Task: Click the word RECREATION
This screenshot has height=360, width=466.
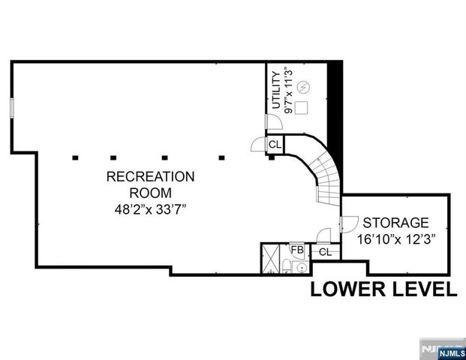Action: pyautogui.click(x=150, y=177)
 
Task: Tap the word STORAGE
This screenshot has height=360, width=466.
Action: pyautogui.click(x=395, y=223)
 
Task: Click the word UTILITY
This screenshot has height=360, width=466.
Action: pyautogui.click(x=275, y=90)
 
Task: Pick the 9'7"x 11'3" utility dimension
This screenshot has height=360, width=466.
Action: pyautogui.click(x=289, y=90)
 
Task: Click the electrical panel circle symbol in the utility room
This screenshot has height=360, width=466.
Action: pyautogui.click(x=303, y=87)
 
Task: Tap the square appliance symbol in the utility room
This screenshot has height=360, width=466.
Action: pyautogui.click(x=302, y=106)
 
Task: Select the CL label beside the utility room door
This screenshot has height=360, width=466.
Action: pyautogui.click(x=275, y=144)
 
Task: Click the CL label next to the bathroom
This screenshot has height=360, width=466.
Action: pyautogui.click(x=325, y=252)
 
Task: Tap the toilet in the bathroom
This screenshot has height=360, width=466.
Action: pyautogui.click(x=288, y=266)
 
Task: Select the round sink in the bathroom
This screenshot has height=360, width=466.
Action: pyautogui.click(x=301, y=266)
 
